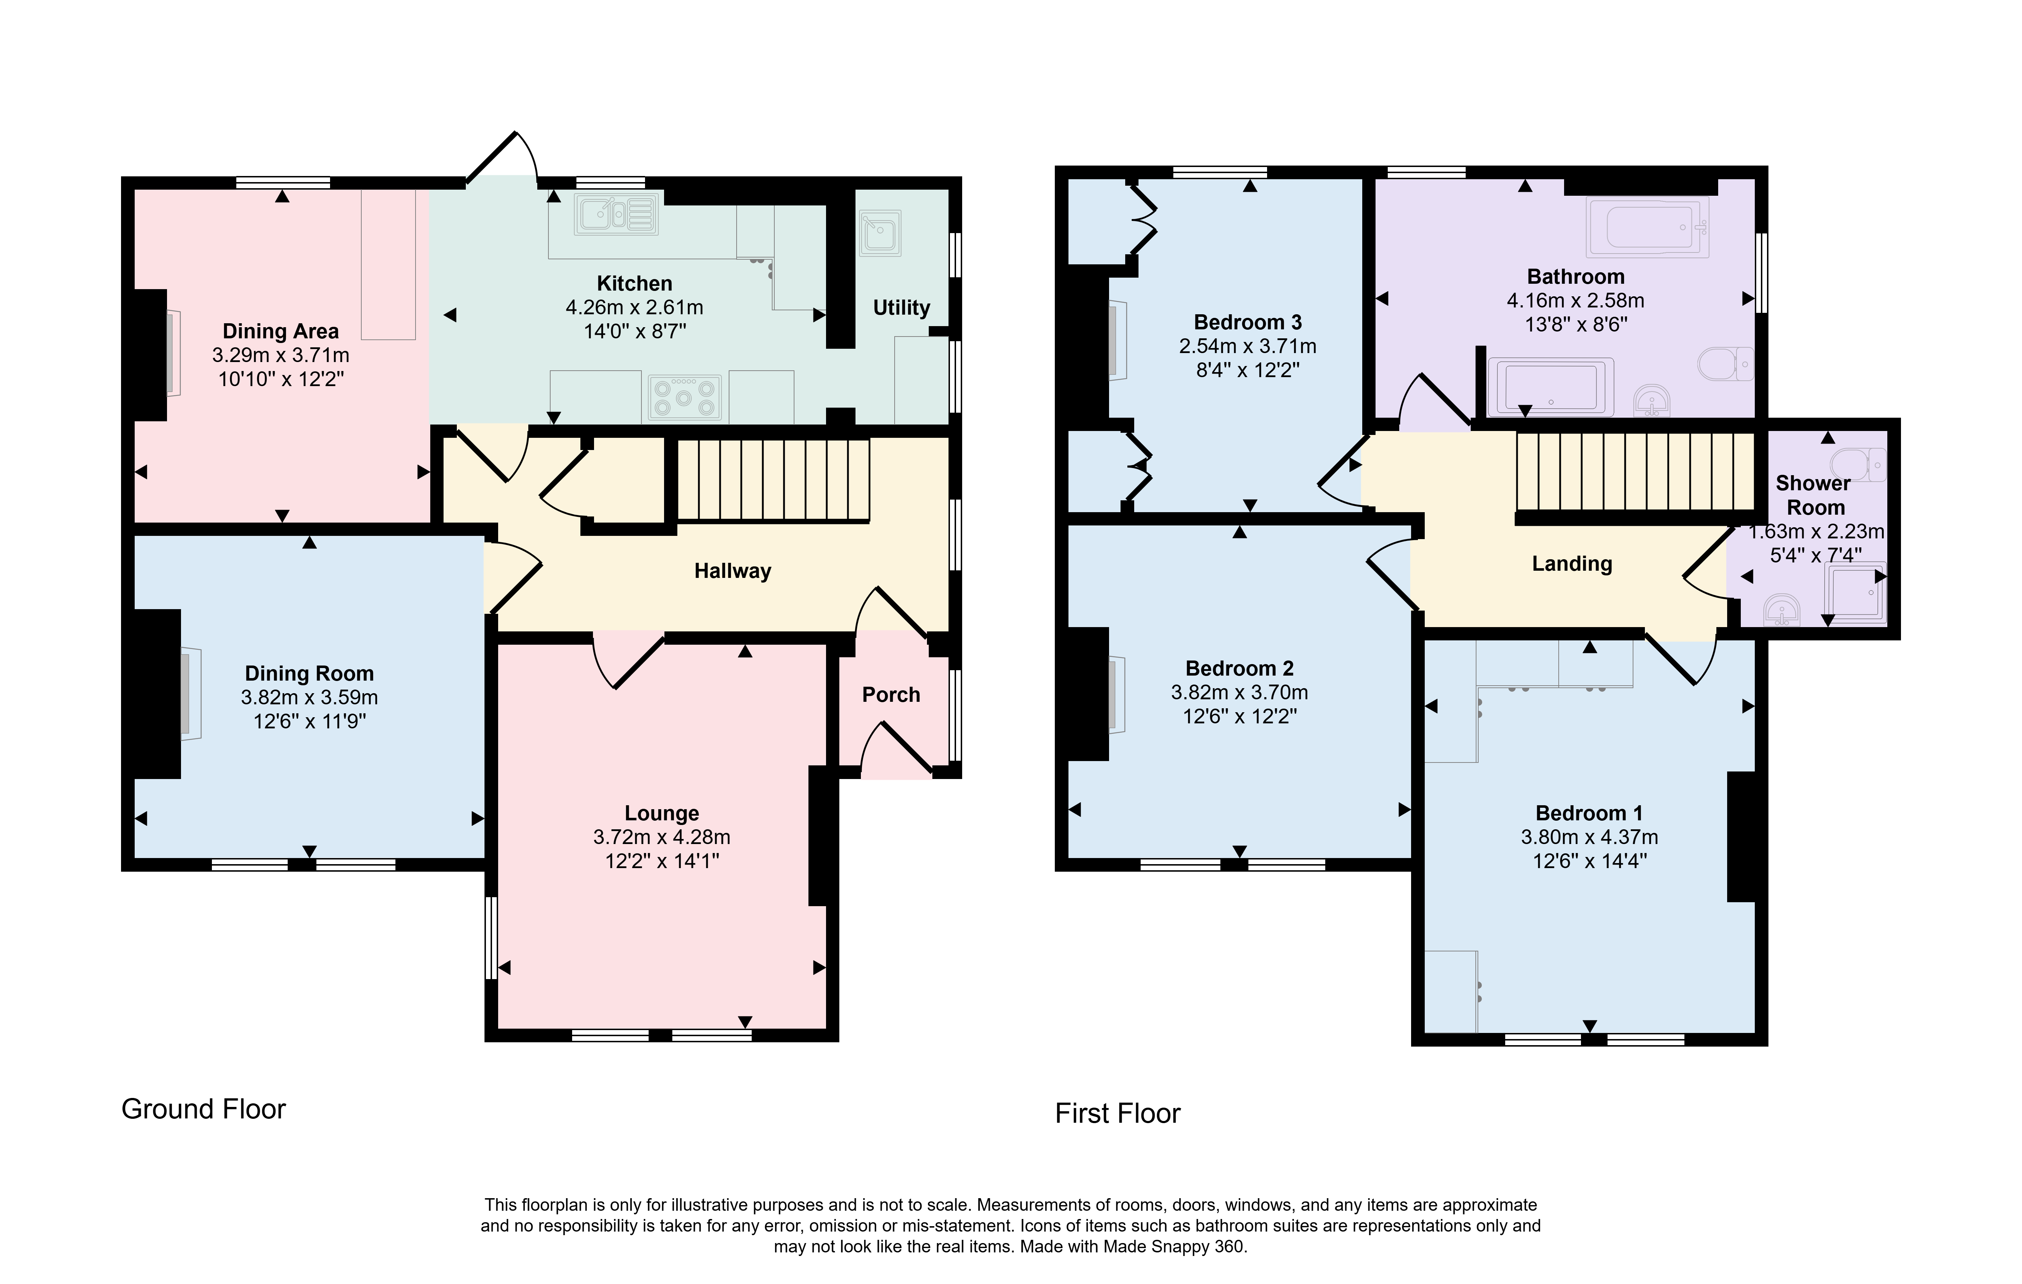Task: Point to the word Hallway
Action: point(732,571)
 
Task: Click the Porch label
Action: point(891,695)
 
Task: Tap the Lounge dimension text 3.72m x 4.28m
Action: point(662,837)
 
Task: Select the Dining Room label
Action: point(309,673)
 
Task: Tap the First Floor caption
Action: point(1118,1113)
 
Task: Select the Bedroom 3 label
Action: point(1248,323)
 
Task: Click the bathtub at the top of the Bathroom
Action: point(1647,227)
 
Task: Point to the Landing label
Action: point(1572,564)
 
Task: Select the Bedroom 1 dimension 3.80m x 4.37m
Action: point(1590,837)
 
